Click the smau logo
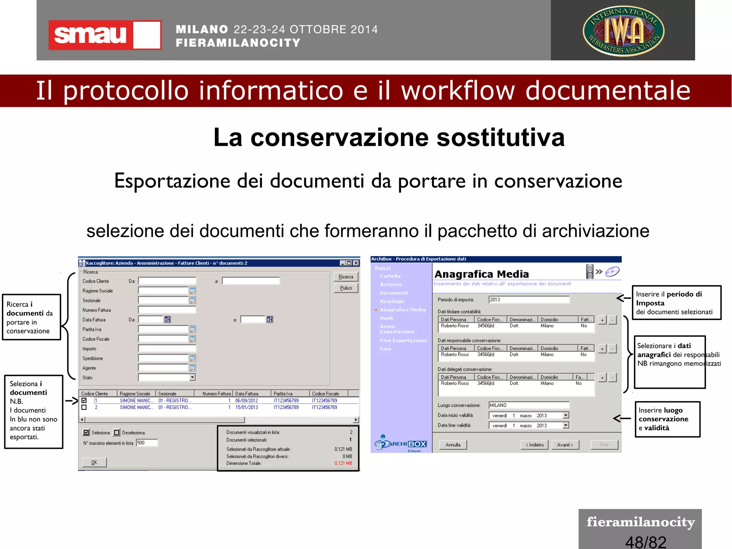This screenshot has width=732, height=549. pos(104,35)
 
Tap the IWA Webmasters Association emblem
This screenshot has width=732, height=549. pos(623,31)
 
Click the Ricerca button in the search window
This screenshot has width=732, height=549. pos(346,277)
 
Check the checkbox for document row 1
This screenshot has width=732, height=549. pos(84,401)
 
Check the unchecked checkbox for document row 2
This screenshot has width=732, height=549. pos(84,407)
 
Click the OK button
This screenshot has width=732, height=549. pos(94,462)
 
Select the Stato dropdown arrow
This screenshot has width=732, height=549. pos(192,377)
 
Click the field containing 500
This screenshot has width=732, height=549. pos(147,443)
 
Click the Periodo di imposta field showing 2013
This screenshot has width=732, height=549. pos(529,300)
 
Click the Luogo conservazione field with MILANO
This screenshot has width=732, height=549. pos(529,405)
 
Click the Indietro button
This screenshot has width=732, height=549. pos(534,445)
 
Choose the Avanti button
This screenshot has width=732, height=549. pos(565,445)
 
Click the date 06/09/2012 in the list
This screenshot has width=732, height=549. pos(246,401)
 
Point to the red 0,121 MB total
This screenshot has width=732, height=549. pos(343,464)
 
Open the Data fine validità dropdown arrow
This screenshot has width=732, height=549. pos(565,426)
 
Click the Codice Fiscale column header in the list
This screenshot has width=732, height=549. pos(325,394)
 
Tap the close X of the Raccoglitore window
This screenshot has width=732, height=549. pos(356,263)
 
